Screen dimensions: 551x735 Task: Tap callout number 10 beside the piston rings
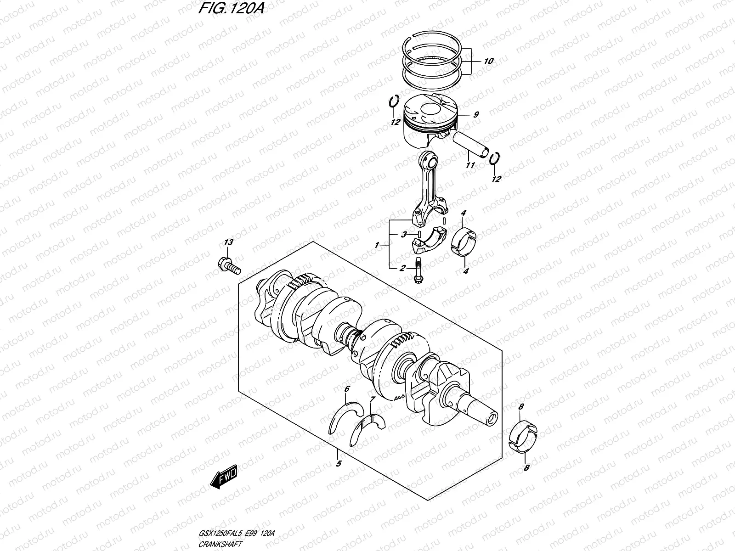pyautogui.click(x=488, y=61)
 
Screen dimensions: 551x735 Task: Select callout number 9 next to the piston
pyautogui.click(x=476, y=115)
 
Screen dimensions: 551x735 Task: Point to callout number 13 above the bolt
pyautogui.click(x=228, y=242)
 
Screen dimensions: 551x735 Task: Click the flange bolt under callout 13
pyautogui.click(x=228, y=265)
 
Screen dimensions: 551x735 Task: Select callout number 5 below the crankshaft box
pyautogui.click(x=339, y=464)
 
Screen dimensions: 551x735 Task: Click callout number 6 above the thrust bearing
pyautogui.click(x=347, y=389)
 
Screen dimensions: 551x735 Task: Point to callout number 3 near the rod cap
pyautogui.click(x=403, y=234)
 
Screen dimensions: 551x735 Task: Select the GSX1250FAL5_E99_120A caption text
pyautogui.click(x=238, y=534)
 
